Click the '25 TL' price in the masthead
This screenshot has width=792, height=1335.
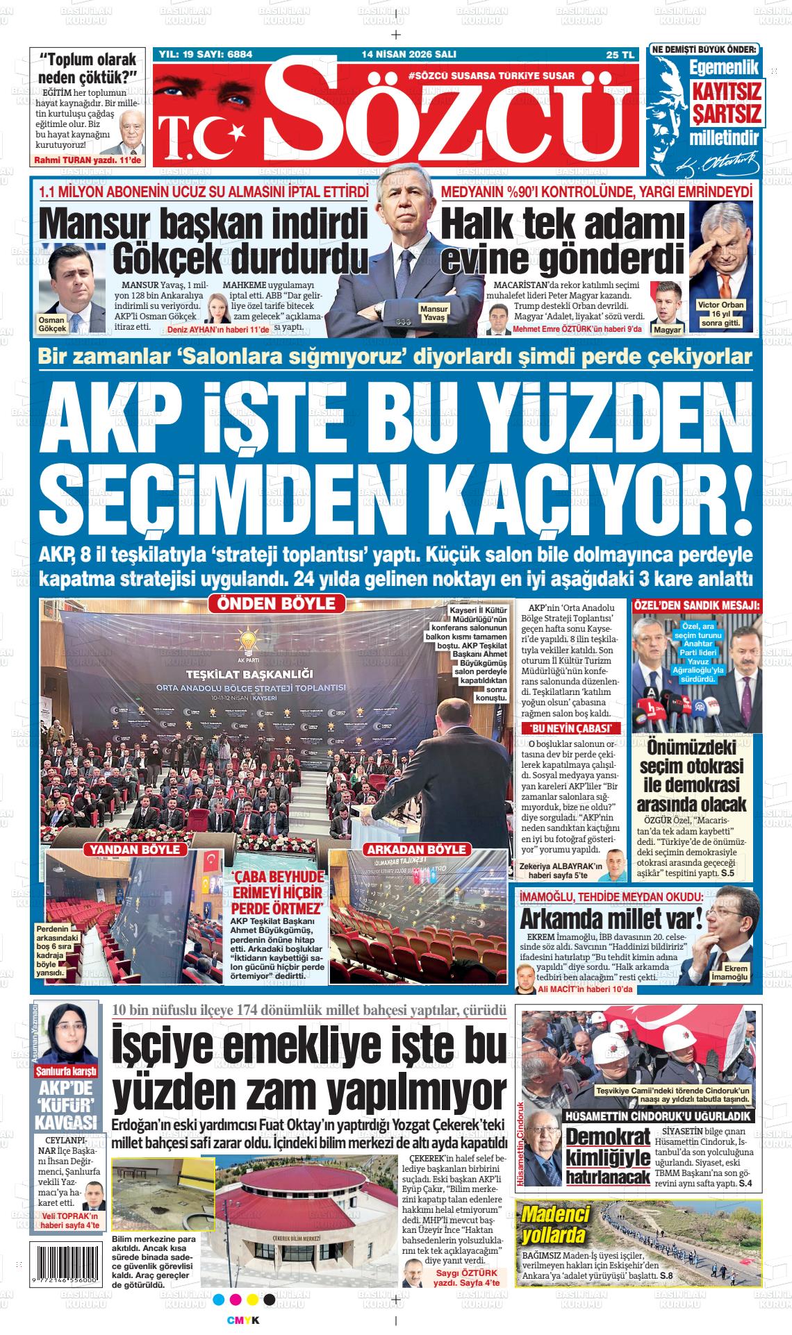tap(620, 55)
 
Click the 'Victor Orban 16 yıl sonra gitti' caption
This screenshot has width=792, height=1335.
tap(720, 314)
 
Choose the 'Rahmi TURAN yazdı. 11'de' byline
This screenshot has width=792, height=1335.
tap(88, 160)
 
